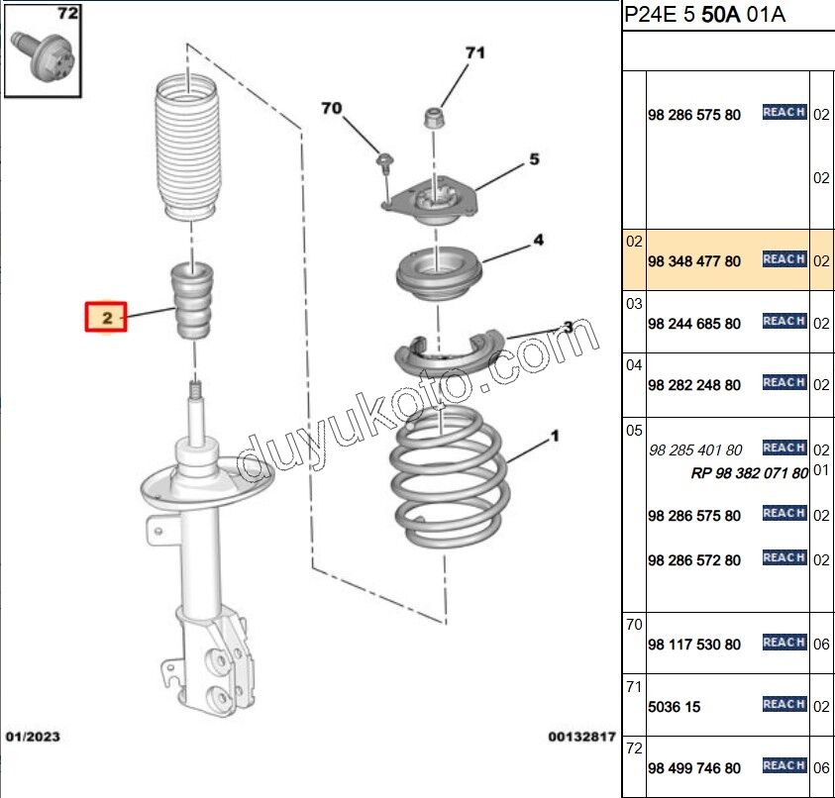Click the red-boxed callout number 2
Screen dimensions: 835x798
[107, 317]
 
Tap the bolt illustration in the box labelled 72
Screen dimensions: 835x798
[44, 56]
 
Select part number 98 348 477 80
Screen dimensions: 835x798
[694, 261]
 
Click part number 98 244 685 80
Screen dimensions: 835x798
[694, 324]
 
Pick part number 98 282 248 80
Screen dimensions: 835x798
[694, 385]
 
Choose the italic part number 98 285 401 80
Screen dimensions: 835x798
[695, 450]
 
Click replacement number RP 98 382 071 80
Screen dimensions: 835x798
[749, 472]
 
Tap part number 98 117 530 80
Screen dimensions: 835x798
[694, 645]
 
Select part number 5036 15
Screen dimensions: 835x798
[675, 707]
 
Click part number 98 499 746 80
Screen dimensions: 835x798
[694, 768]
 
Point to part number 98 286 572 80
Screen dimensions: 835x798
[694, 560]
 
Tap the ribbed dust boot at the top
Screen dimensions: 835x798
[187, 147]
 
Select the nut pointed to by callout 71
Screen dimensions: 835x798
[433, 118]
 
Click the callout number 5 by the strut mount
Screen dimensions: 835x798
[534, 158]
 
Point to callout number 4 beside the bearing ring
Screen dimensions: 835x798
[539, 240]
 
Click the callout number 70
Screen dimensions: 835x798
[331, 108]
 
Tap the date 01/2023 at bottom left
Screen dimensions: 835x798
[33, 737]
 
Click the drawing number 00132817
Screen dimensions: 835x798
[581, 737]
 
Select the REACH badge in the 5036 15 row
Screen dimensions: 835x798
[784, 704]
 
